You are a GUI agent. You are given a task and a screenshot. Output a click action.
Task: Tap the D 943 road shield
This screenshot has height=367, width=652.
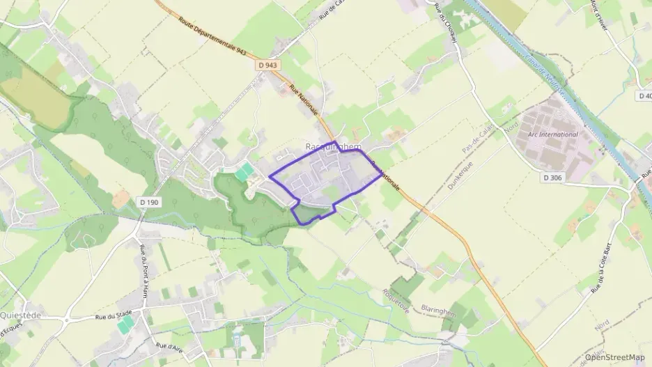(x=268, y=65)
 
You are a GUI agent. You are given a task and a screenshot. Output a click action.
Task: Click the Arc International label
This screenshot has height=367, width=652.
(x=553, y=134)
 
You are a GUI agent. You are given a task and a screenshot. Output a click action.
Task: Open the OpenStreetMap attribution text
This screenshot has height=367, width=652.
(x=614, y=357)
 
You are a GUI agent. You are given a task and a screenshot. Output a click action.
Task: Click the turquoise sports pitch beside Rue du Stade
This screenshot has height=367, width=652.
(x=125, y=325)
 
